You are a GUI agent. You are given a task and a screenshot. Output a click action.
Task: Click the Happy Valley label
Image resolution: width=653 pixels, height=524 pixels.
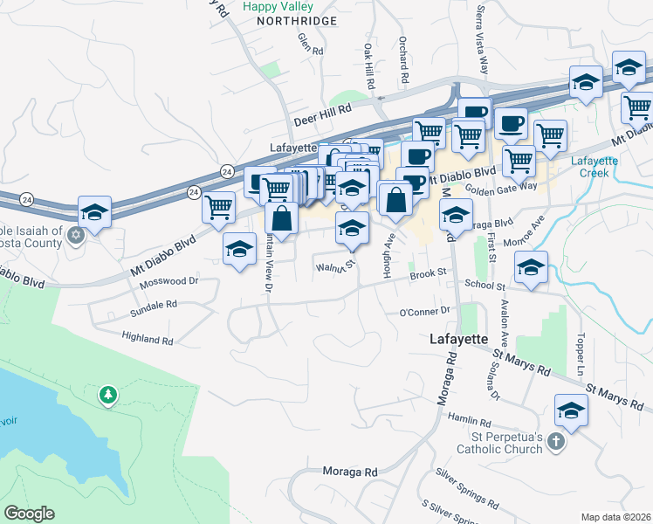coord(271,6)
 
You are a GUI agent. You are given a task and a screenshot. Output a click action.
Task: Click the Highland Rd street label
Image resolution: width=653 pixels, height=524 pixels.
coord(148,339)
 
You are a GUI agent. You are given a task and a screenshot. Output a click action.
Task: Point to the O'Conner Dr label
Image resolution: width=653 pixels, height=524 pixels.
coord(423,311)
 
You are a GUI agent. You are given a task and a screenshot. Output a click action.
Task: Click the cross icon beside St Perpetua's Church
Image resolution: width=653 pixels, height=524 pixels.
coord(553,443)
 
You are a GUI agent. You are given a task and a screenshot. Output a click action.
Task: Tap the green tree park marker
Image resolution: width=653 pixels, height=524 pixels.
coord(109,396)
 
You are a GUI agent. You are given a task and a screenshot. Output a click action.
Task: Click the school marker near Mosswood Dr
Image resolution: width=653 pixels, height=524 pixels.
coord(239,250)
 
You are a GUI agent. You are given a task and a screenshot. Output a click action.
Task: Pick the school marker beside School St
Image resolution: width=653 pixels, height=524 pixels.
coord(530,268)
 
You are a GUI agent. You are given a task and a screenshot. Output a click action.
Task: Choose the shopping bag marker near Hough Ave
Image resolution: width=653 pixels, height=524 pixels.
coord(396,199)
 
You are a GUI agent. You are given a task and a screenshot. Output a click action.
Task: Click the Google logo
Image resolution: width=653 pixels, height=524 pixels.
coord(29,514)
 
